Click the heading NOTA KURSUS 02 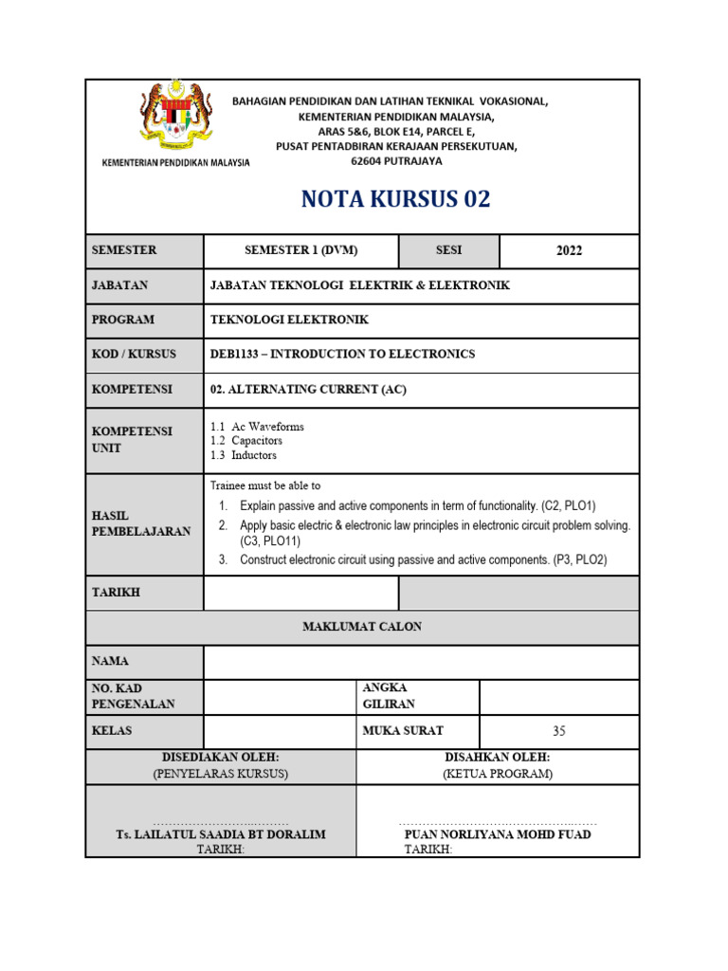(x=395, y=200)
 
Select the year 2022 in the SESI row (x=569, y=251)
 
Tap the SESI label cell (x=448, y=250)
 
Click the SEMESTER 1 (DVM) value (x=300, y=250)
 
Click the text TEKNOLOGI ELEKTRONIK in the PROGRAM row (x=289, y=320)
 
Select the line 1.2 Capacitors (x=246, y=441)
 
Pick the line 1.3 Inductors (x=244, y=455)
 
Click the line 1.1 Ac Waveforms (x=257, y=427)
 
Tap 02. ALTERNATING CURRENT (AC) (x=307, y=389)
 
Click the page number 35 (x=558, y=731)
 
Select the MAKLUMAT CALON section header (x=362, y=627)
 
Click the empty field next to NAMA (x=421, y=662)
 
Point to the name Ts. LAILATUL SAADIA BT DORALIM (x=220, y=834)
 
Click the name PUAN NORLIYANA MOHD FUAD (x=498, y=834)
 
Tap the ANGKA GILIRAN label (x=389, y=696)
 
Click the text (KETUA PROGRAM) (x=497, y=774)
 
